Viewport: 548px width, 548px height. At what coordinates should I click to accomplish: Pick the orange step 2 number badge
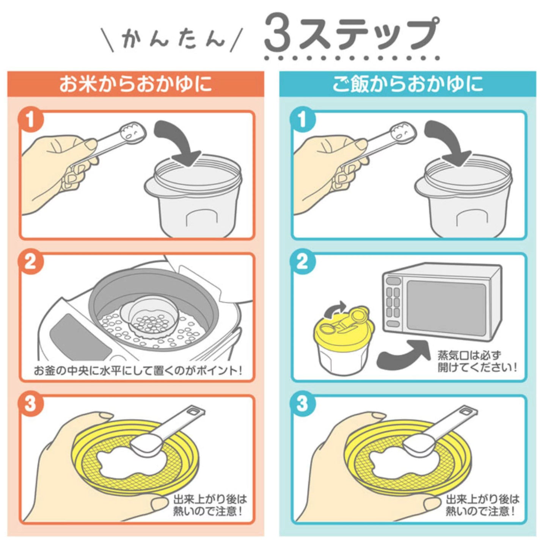tap(31, 262)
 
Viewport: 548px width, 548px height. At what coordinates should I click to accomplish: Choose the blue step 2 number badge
tap(303, 262)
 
